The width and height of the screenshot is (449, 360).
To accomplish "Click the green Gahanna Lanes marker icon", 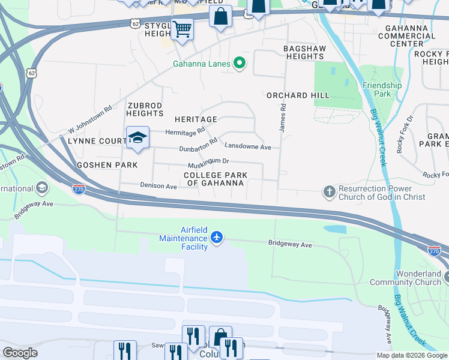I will [x=240, y=62].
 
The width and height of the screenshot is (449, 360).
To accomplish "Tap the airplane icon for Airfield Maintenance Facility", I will [x=217, y=238].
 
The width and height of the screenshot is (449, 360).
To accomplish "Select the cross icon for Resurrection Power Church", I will [x=329, y=192].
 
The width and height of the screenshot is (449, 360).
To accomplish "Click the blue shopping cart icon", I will [x=181, y=28].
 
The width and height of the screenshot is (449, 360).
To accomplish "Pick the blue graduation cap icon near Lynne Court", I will [x=137, y=137].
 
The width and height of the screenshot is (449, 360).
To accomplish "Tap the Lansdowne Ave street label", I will [x=248, y=146].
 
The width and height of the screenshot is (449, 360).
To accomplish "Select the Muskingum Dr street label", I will [x=208, y=161].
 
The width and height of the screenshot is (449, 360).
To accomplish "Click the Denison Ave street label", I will [x=158, y=186].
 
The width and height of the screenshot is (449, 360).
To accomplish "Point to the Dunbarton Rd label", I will [x=198, y=146].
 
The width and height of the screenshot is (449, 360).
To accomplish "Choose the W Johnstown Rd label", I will [x=90, y=120].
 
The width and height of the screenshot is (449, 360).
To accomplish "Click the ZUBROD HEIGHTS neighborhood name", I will [x=145, y=109].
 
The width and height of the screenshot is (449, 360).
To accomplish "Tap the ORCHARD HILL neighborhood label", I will [x=298, y=95].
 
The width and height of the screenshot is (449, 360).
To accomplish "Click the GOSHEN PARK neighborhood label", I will [x=107, y=164].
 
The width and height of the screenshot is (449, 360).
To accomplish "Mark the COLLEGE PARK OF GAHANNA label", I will [x=215, y=179].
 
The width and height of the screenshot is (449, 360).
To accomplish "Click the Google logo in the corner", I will [x=20, y=353].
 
